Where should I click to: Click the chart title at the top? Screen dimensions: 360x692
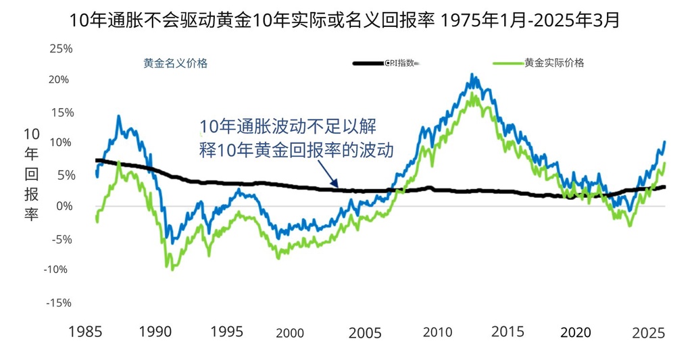click(345, 20)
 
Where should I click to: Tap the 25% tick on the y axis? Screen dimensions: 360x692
click(59, 49)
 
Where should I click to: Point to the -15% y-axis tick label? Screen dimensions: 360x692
click(58, 303)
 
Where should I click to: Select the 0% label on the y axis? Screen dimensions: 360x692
click(63, 206)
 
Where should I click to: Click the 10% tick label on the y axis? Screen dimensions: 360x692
click(59, 143)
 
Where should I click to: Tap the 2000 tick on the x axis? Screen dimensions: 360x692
click(290, 333)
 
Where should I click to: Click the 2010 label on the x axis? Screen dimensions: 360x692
click(437, 332)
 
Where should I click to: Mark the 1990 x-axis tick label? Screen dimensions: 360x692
click(155, 332)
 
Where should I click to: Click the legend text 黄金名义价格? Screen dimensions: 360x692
click(175, 63)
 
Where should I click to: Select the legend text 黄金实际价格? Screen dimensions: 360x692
click(554, 63)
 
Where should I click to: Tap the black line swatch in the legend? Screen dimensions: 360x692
click(368, 63)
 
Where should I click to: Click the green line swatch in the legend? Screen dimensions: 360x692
click(508, 63)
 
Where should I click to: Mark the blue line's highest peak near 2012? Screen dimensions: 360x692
click(472, 75)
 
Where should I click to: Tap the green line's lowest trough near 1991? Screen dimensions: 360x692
click(174, 269)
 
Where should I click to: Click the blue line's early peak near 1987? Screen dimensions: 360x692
click(119, 116)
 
